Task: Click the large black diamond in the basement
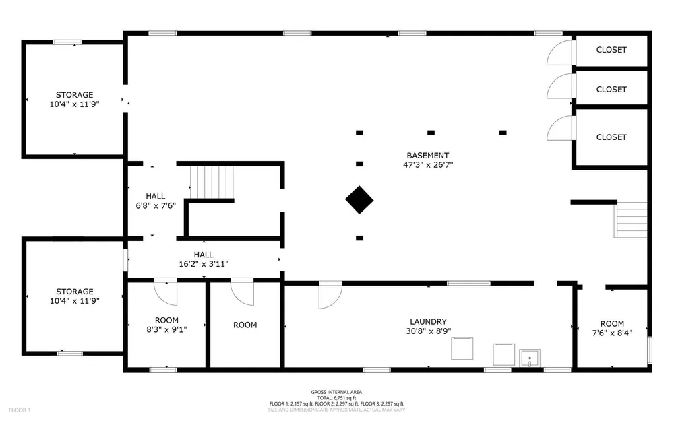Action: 359,200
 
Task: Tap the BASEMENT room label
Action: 428,156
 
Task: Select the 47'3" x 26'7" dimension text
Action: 428,164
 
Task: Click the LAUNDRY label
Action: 428,322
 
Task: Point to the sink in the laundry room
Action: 530,358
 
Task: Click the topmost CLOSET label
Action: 611,50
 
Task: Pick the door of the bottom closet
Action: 561,129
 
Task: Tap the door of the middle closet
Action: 561,86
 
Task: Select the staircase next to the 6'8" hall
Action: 212,182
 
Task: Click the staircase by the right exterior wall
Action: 631,220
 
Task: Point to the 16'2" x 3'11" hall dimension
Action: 204,264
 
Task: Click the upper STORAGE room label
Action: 74,95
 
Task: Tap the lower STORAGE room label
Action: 74,292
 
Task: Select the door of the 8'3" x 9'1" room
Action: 166,292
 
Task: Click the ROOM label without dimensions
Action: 245,325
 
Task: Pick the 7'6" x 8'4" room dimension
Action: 612,333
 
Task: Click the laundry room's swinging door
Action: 330,295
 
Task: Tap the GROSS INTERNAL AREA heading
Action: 336,392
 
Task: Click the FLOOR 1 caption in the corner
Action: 20,410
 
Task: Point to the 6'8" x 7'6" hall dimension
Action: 156,205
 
